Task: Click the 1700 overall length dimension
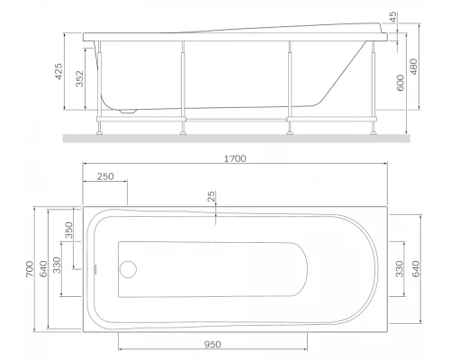236,157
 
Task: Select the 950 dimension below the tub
212,343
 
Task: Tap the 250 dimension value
105,177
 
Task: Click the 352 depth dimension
80,82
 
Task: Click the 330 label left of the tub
58,266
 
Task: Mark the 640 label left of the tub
43,266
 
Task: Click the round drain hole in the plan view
128,267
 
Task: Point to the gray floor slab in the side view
234,139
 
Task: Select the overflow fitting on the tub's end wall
96,267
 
